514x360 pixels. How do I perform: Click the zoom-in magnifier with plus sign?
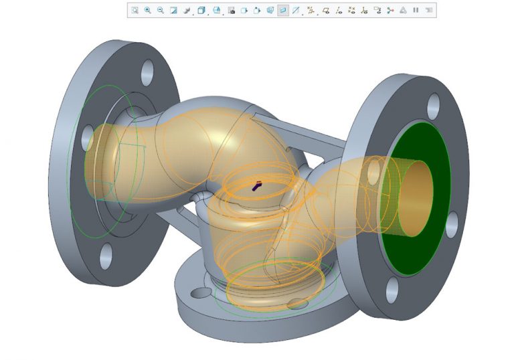147,11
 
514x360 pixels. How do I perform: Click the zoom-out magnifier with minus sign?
161,11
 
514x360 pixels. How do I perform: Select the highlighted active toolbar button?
283,11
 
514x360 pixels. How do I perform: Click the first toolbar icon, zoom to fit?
135,11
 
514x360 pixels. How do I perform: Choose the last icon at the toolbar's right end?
429,11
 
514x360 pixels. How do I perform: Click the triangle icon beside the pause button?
403,11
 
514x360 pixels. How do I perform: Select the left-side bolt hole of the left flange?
87,137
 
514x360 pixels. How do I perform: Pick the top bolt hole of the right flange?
432,102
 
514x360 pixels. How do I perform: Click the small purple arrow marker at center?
257,186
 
